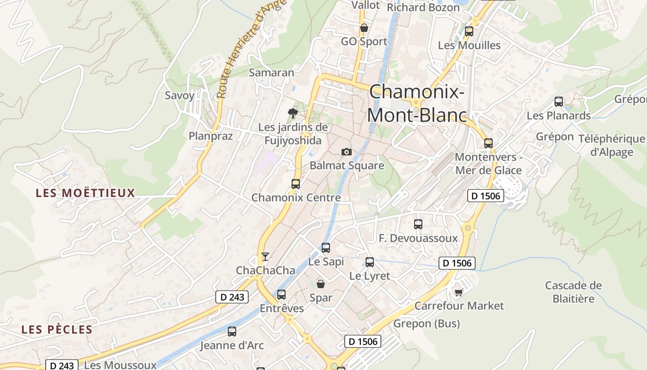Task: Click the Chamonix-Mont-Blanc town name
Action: pyautogui.click(x=416, y=103)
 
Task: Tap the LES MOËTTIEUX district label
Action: pyautogui.click(x=85, y=193)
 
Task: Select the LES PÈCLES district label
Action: pyautogui.click(x=57, y=329)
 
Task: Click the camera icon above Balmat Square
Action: pyautogui.click(x=346, y=152)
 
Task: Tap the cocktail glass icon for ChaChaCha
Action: pyautogui.click(x=265, y=256)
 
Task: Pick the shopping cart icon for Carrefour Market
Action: pyautogui.click(x=458, y=292)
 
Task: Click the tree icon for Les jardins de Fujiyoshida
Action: pyautogui.click(x=293, y=113)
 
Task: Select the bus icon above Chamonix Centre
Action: pyautogui.click(x=296, y=184)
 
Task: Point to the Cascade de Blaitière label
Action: pyautogui.click(x=574, y=292)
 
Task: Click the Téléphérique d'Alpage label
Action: pyautogui.click(x=611, y=146)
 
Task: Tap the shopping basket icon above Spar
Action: pyautogui.click(x=320, y=284)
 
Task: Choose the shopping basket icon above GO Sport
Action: pyautogui.click(x=364, y=28)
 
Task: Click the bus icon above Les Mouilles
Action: pyautogui.click(x=469, y=31)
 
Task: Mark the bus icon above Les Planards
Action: pyautogui.click(x=559, y=102)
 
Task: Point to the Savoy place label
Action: pyautogui.click(x=180, y=96)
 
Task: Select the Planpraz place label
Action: pyautogui.click(x=211, y=136)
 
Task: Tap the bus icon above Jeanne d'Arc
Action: pyautogui.click(x=232, y=331)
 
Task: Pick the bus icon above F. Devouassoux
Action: pyautogui.click(x=418, y=224)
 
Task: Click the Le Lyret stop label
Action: pyautogui.click(x=370, y=276)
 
